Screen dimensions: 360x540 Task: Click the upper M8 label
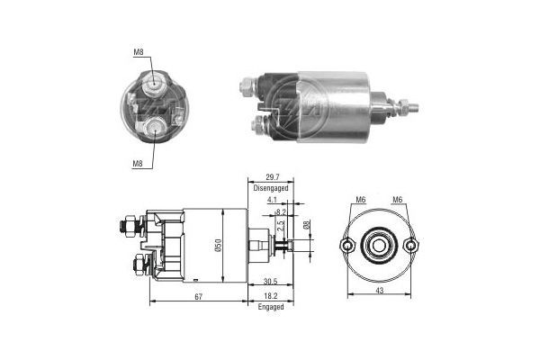[139, 52]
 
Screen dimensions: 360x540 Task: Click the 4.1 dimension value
[271, 202]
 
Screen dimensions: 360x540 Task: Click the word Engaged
[270, 307]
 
